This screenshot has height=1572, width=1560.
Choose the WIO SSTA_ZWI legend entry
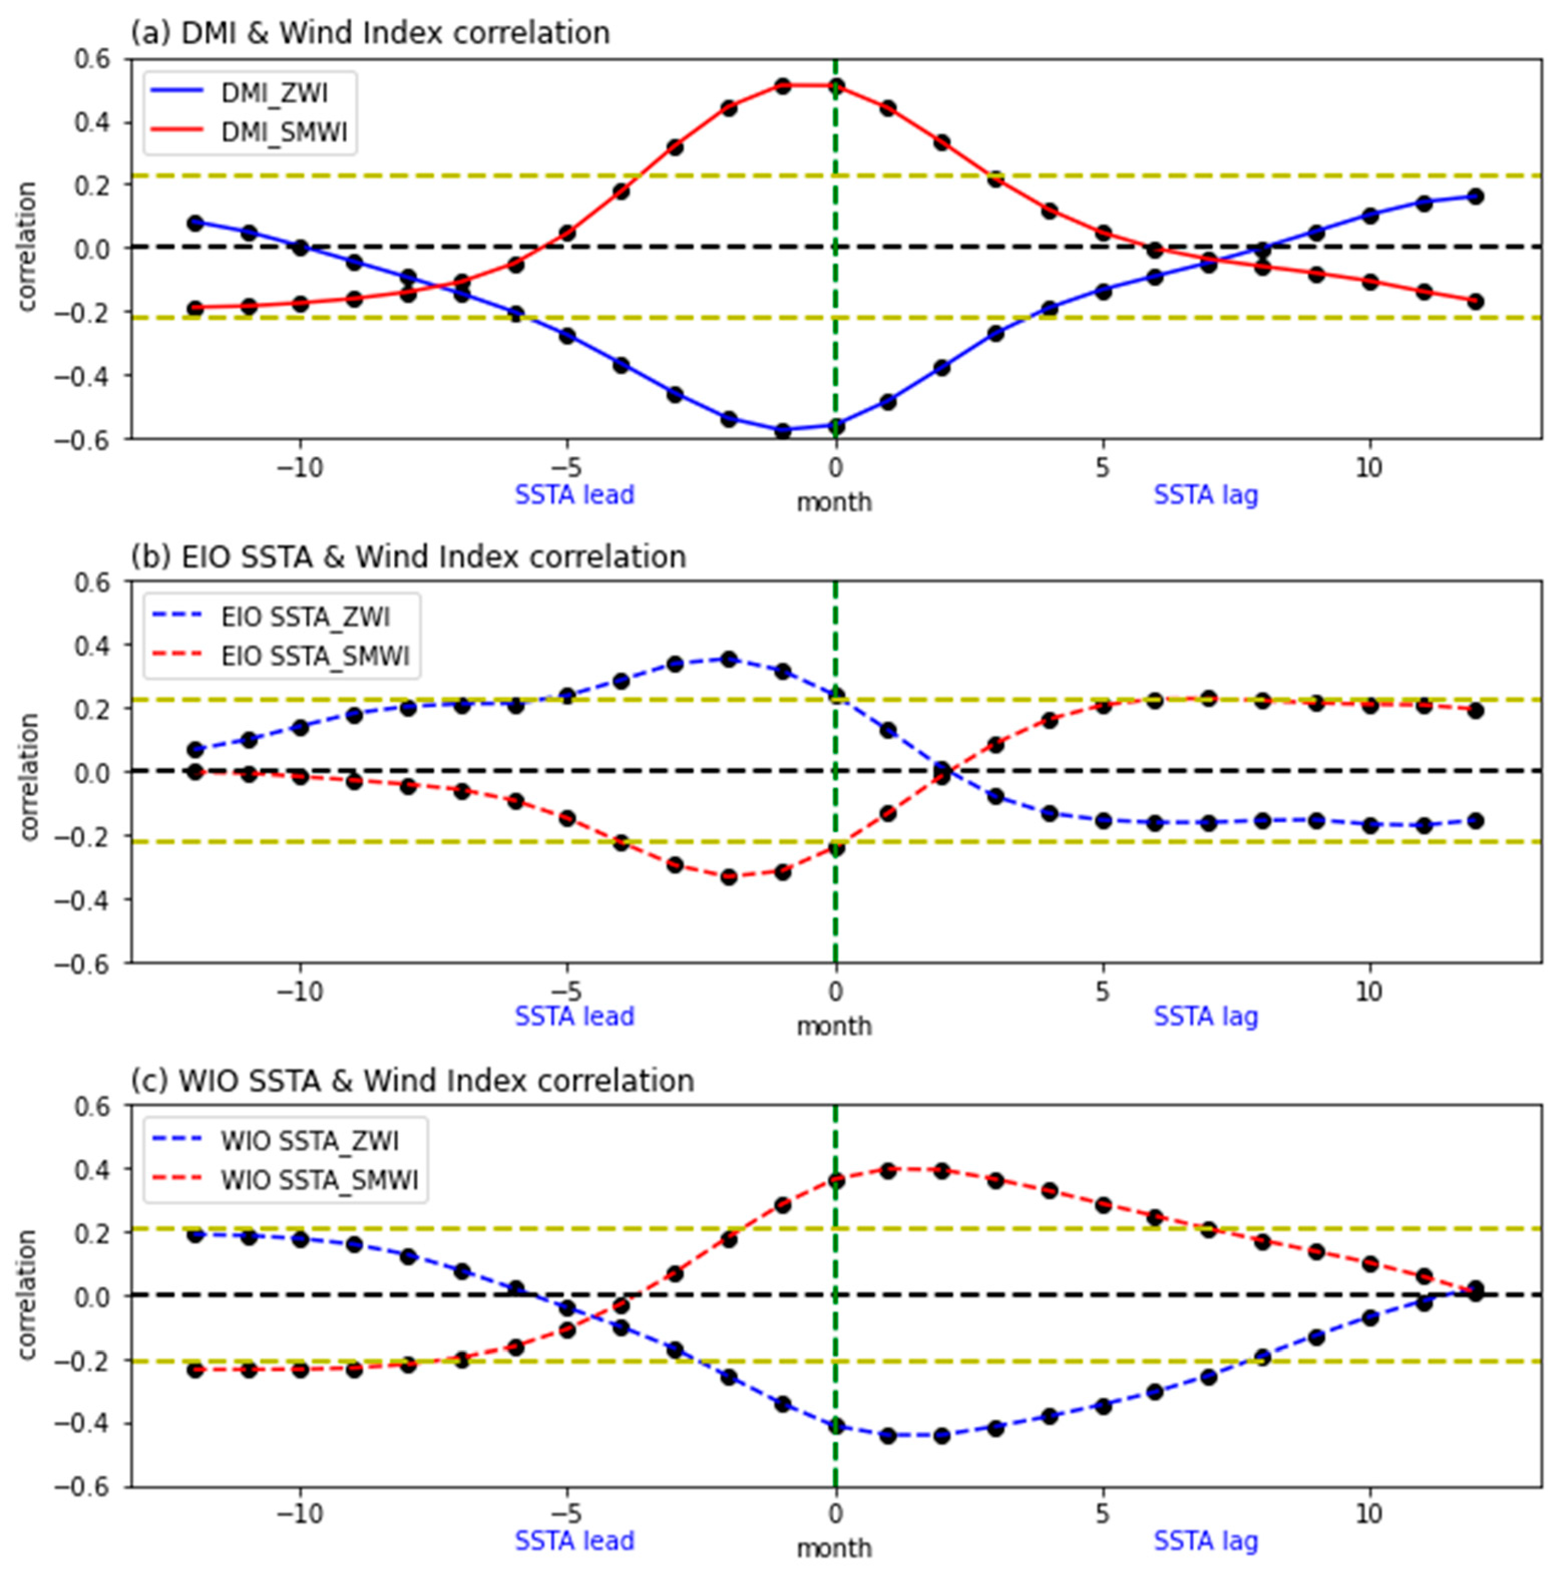click(309, 1141)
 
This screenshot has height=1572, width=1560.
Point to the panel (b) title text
click(408, 556)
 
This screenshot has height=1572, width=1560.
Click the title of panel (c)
click(412, 1081)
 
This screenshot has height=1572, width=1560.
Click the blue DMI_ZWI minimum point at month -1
click(782, 431)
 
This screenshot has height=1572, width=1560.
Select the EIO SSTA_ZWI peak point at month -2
click(729, 658)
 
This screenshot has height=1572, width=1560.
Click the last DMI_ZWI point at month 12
click(1475, 196)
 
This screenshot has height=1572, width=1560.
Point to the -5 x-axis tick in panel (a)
click(568, 468)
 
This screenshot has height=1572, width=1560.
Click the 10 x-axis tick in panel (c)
click(1369, 1515)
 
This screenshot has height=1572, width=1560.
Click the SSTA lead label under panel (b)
click(574, 1016)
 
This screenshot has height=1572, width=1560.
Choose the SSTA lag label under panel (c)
click(1205, 1540)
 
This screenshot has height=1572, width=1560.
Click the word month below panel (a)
click(834, 503)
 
